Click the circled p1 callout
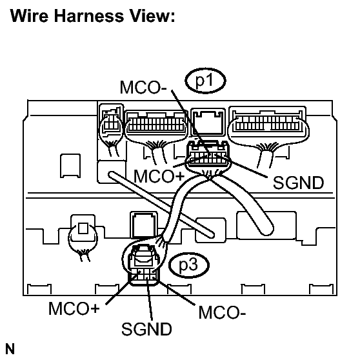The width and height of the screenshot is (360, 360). click(x=205, y=81)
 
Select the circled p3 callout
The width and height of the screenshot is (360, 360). click(x=189, y=265)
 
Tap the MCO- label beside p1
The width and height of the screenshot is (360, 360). click(x=143, y=87)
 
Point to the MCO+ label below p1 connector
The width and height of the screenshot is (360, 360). click(x=159, y=176)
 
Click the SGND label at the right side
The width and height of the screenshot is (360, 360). click(x=298, y=183)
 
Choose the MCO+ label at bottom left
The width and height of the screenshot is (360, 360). click(x=74, y=308)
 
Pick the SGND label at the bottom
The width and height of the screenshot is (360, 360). click(x=146, y=329)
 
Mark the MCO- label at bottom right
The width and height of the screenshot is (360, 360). click(x=222, y=312)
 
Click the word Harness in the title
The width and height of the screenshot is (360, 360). click(x=88, y=16)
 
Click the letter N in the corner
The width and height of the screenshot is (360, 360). click(x=10, y=349)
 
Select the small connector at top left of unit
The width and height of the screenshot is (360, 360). click(x=111, y=120)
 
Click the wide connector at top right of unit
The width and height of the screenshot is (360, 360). click(x=268, y=123)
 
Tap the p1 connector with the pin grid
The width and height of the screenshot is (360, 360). click(x=208, y=154)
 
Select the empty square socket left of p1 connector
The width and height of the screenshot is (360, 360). click(x=208, y=122)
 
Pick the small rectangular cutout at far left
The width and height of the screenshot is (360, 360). click(x=70, y=166)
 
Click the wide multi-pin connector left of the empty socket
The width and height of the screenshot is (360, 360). click(x=156, y=123)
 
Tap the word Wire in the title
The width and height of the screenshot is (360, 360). click(x=29, y=16)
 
